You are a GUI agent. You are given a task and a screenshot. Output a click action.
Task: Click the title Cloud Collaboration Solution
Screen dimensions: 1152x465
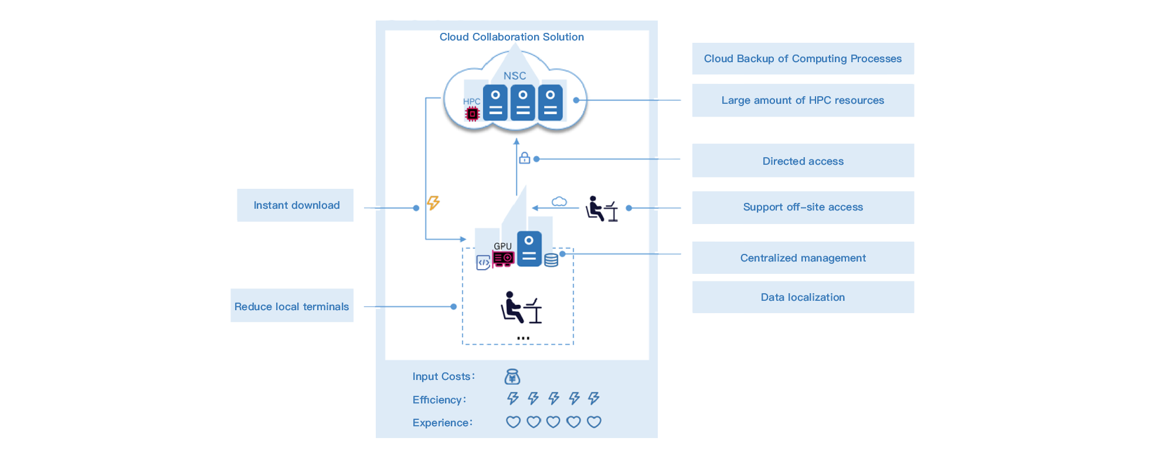tap(511, 37)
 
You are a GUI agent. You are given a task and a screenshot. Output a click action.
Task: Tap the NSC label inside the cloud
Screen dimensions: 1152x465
tap(515, 76)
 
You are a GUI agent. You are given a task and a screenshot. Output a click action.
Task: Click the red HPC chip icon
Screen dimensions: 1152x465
tap(472, 114)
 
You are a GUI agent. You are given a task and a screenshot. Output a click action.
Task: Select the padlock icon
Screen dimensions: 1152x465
tap(525, 158)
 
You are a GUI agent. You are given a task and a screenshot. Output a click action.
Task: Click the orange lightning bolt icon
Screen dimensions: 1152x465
tap(433, 203)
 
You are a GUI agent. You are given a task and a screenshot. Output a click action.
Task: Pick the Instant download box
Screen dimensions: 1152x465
tap(295, 205)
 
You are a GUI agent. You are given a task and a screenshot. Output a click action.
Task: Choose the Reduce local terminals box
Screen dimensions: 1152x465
tap(292, 306)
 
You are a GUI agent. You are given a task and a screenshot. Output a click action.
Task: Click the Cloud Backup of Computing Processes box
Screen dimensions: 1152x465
tap(803, 59)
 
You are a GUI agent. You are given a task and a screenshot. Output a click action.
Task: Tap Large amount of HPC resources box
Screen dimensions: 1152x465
tap(803, 100)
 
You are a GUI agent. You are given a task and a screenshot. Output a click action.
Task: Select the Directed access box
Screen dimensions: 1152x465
tap(803, 161)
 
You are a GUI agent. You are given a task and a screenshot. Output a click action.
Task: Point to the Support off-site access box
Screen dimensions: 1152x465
tap(803, 208)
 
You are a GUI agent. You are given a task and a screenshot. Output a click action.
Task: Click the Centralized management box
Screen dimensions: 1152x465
tap(803, 257)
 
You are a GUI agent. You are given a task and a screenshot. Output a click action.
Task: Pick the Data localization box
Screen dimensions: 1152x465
tap(803, 297)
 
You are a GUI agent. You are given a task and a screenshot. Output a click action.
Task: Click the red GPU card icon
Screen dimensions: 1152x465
tap(504, 259)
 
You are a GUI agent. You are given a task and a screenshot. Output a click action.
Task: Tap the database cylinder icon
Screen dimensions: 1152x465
tap(551, 260)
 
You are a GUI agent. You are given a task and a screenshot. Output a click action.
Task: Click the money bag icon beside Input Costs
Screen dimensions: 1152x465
tap(512, 376)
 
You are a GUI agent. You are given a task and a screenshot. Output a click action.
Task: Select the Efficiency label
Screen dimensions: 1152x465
tap(439, 399)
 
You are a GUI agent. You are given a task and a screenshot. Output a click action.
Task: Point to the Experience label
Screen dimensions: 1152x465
tap(442, 422)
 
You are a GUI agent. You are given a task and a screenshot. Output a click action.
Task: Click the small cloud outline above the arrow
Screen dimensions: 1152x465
tap(559, 202)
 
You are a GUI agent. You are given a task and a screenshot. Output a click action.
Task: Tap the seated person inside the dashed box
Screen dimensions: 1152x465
tap(521, 307)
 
